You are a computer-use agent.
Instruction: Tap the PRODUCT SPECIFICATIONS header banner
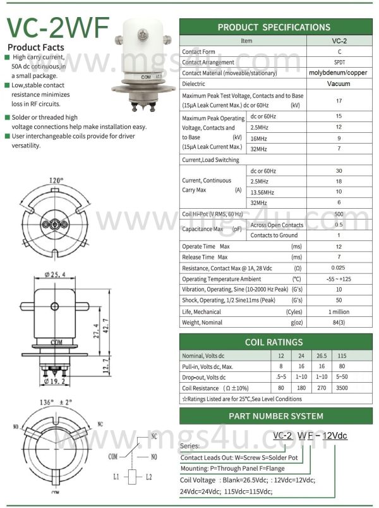click(274, 27)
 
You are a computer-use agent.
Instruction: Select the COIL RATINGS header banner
click(274, 342)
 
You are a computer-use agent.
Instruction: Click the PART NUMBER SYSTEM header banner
click(274, 416)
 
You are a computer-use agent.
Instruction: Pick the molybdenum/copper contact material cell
click(338, 73)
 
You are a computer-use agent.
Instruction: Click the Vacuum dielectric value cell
click(339, 84)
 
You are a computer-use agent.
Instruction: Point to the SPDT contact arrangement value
click(339, 62)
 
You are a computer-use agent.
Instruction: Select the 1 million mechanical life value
click(339, 312)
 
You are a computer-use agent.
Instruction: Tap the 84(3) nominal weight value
click(339, 323)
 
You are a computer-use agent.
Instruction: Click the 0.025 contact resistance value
click(339, 268)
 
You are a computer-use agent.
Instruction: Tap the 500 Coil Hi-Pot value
click(339, 214)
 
